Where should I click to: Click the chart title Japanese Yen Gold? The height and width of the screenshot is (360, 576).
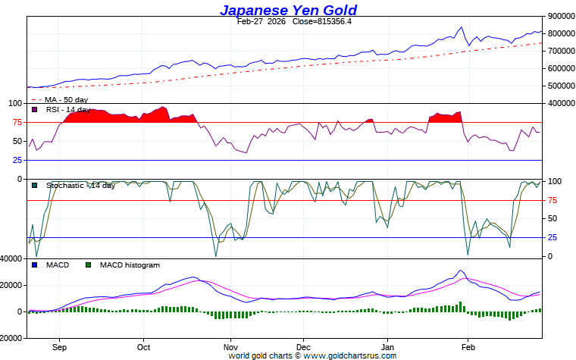288,10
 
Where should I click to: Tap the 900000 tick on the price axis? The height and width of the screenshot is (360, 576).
559,16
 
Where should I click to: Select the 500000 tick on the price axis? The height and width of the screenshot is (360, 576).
559,86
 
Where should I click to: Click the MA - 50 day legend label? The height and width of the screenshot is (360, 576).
66,99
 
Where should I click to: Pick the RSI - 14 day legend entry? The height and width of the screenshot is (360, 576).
68,109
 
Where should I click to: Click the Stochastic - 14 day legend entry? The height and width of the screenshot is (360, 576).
80,185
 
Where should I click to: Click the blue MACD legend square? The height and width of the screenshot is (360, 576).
34,265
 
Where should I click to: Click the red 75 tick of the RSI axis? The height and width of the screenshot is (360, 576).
16,122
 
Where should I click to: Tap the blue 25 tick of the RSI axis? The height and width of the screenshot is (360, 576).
16,160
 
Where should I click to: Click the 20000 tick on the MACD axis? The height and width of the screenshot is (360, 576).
11,285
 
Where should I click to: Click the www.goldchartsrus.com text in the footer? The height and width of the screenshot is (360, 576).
350,355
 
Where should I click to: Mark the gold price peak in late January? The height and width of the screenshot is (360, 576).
461,27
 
